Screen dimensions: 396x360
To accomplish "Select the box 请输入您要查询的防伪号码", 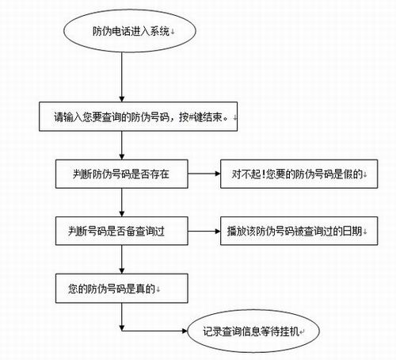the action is pyautogui.click(x=138, y=117).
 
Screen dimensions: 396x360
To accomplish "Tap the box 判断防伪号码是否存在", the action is pyautogui.click(x=122, y=174).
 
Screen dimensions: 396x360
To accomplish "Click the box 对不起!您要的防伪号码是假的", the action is pyautogui.click(x=299, y=174).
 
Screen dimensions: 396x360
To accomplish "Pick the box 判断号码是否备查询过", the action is pyautogui.click(x=122, y=231).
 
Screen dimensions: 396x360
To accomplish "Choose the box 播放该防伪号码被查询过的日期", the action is pyautogui.click(x=299, y=231).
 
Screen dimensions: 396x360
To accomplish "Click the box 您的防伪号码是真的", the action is pyautogui.click(x=122, y=289).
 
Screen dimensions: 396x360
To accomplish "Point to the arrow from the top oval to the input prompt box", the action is pyautogui.click(x=122, y=77).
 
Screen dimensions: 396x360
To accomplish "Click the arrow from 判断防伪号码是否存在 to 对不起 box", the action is pyautogui.click(x=204, y=174).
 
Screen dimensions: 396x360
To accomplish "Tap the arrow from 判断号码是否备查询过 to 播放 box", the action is pyautogui.click(x=204, y=232).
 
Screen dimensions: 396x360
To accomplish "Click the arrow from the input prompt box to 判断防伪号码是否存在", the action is pyautogui.click(x=122, y=145).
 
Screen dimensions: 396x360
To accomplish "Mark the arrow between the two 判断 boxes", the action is pyautogui.click(x=122, y=203).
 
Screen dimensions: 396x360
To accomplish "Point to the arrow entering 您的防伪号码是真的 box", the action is pyautogui.click(x=122, y=259).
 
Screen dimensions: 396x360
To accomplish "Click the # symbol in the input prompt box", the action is pyautogui.click(x=192, y=117).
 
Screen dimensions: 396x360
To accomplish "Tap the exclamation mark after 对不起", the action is pyautogui.click(x=263, y=174).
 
